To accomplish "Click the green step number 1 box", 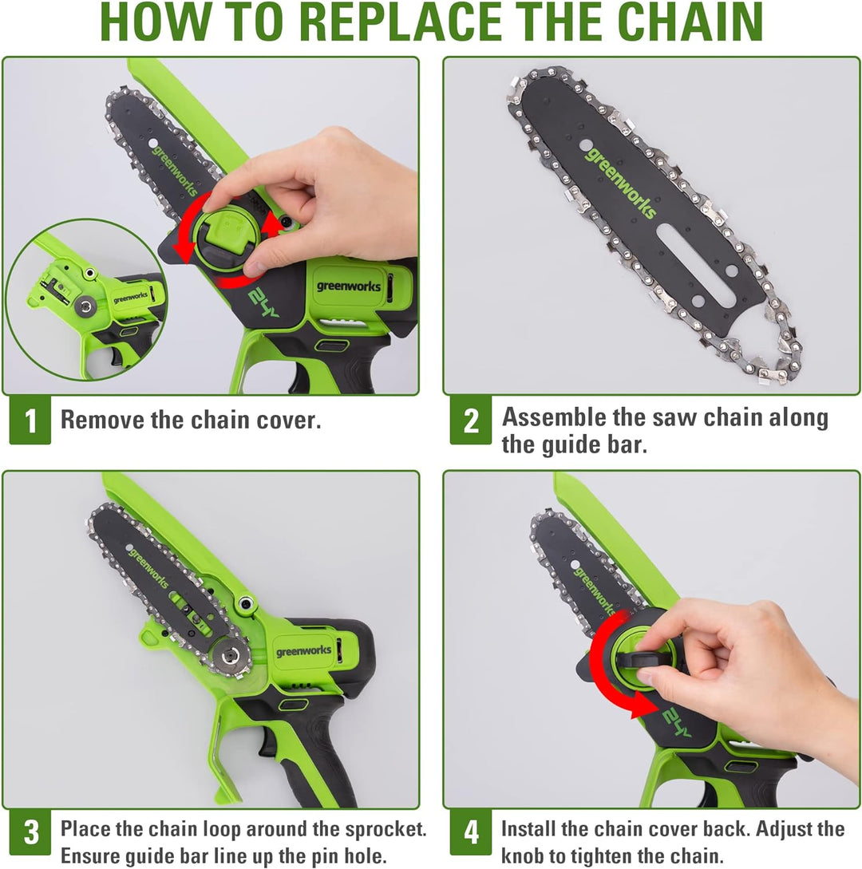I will coord(30,421).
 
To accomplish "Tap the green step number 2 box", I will coord(471,421).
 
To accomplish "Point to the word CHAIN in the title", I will coord(687,24).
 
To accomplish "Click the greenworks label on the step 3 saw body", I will coord(303,651).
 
